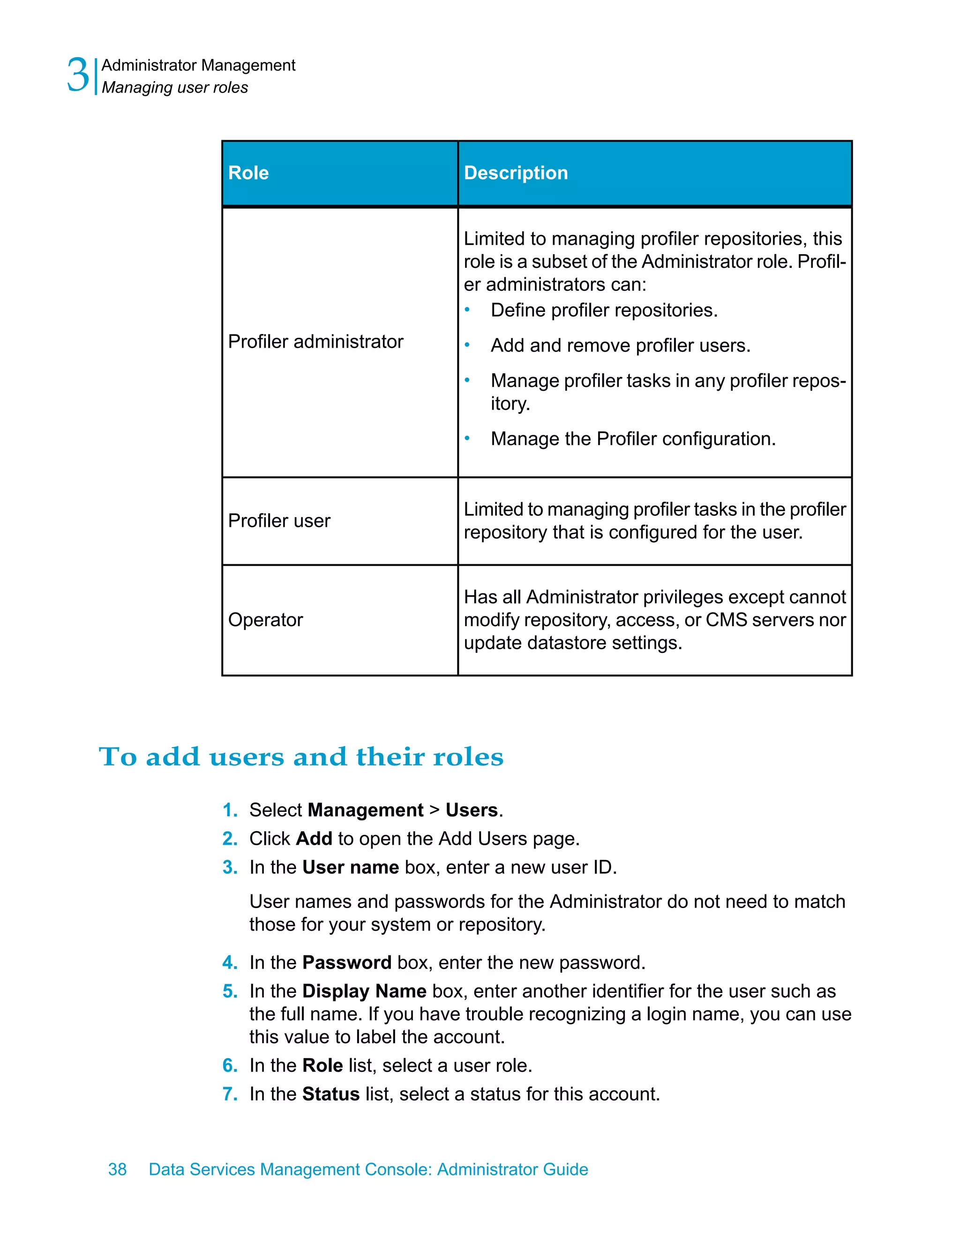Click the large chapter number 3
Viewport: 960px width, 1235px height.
point(78,75)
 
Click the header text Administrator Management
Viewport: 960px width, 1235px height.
point(198,66)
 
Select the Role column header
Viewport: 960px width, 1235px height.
point(248,173)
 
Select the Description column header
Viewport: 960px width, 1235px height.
point(515,173)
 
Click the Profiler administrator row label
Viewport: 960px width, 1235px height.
point(315,341)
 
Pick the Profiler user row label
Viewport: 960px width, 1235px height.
point(279,521)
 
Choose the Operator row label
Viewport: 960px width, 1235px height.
point(266,620)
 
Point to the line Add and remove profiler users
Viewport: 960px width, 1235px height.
point(621,346)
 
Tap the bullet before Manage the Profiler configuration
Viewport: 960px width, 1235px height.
point(467,438)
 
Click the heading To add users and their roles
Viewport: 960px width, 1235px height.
point(301,757)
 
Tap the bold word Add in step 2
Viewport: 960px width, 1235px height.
point(314,839)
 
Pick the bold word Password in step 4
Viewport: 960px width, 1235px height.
point(346,962)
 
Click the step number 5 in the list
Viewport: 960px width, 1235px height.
point(229,991)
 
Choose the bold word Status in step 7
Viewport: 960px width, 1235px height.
point(330,1094)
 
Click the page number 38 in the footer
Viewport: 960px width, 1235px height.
point(118,1169)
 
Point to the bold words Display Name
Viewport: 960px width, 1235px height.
point(364,991)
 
